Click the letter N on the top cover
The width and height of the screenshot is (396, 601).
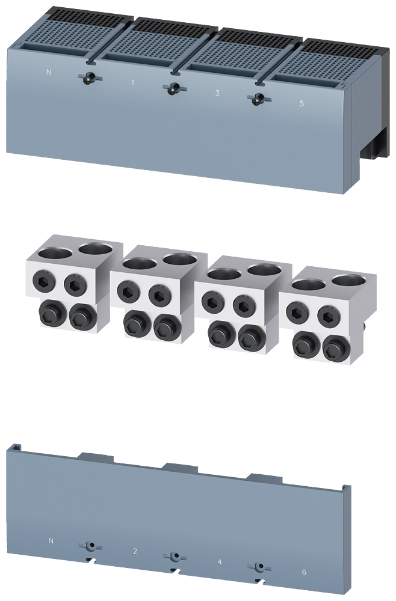[49, 73]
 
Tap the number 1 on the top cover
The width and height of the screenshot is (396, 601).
[132, 82]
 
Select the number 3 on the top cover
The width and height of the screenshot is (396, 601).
[217, 93]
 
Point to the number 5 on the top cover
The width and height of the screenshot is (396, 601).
[302, 103]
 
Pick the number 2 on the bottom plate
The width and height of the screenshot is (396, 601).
[135, 551]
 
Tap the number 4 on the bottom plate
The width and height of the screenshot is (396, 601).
[219, 562]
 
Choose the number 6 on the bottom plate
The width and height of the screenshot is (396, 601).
[304, 572]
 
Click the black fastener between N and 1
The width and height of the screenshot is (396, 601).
[88, 78]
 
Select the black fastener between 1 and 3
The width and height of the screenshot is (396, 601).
[173, 88]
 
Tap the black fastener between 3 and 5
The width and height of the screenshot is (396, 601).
[258, 98]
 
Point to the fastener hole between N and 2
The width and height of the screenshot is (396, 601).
[89, 546]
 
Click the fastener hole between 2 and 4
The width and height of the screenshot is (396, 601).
[175, 556]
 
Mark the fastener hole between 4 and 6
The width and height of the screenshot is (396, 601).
[259, 567]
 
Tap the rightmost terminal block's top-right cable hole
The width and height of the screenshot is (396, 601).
[348, 281]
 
